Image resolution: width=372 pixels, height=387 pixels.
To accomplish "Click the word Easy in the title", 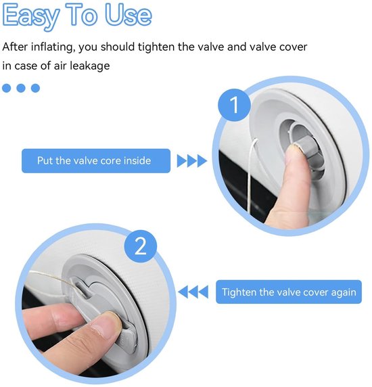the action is point(31,16).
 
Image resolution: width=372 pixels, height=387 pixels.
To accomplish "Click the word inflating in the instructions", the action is point(53,47).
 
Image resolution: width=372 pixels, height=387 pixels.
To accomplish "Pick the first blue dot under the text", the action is point(7,88).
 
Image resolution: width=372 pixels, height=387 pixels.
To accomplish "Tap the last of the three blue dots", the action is point(36,88).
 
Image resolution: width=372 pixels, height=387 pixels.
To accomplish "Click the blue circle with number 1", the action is point(234,105).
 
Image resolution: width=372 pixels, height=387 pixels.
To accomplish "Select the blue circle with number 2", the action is point(141,246).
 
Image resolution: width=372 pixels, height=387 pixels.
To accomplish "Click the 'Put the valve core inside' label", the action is point(96,160).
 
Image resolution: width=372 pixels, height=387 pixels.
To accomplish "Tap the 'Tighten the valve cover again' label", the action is point(289,292).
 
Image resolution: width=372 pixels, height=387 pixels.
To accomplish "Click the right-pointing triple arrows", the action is point(192,161).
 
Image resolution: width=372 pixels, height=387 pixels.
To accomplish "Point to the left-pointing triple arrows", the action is point(193,292).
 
